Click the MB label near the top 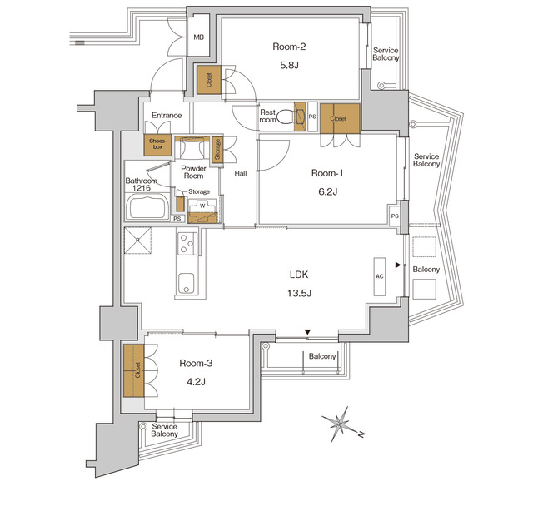coord(199,37)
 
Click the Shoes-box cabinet coord(157,143)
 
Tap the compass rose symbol coord(340,423)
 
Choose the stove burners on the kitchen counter coord(185,244)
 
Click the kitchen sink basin coord(185,281)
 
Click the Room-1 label coord(327,174)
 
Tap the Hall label coord(240,173)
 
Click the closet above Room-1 coord(339,118)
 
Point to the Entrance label coord(167,116)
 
